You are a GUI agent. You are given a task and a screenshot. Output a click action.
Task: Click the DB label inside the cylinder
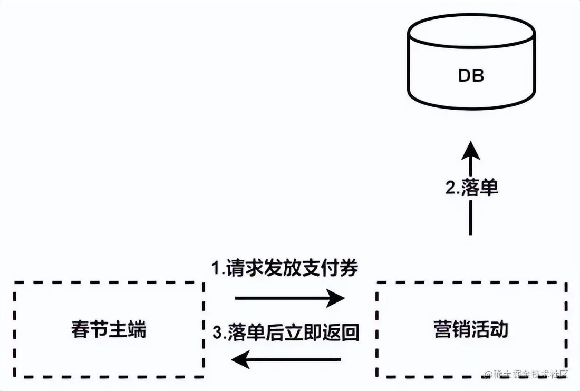click(471, 76)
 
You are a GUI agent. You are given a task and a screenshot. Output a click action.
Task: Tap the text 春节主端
click(108, 330)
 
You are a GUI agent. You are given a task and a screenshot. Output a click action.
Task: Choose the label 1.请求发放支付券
click(285, 269)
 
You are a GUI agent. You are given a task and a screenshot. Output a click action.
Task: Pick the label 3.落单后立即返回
click(285, 332)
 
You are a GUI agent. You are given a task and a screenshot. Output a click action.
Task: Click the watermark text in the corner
click(527, 374)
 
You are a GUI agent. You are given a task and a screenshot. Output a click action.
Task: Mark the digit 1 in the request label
click(215, 269)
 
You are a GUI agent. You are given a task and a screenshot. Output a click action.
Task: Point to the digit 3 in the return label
click(216, 333)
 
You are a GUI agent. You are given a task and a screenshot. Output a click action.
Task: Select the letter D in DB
click(463, 76)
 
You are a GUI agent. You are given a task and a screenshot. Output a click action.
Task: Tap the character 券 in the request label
click(350, 269)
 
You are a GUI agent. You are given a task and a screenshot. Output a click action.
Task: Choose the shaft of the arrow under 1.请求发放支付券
click(279, 298)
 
